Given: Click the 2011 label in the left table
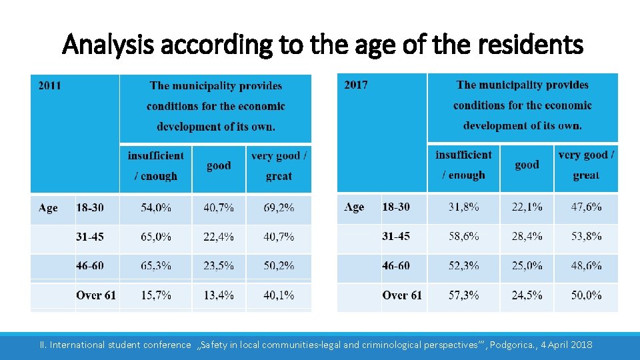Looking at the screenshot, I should click(x=49, y=85).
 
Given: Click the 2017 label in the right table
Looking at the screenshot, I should click(x=355, y=85).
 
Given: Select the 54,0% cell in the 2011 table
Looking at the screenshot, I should click(x=156, y=208).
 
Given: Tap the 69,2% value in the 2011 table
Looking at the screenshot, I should click(x=279, y=208).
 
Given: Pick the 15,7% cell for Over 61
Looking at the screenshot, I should click(x=156, y=295).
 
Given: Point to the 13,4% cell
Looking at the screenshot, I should click(x=219, y=295).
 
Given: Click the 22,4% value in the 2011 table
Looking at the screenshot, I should click(x=219, y=237).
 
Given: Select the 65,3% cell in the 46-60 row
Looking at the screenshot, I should click(x=156, y=265).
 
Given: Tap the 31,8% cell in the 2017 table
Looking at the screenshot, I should click(x=463, y=207).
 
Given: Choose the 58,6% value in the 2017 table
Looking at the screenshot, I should click(x=463, y=236).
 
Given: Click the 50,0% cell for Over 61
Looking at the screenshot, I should click(x=586, y=295).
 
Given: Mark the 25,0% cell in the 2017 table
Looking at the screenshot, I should click(x=527, y=265).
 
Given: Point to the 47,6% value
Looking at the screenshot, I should click(x=586, y=207).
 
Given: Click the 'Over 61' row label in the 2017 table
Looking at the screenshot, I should click(x=402, y=295).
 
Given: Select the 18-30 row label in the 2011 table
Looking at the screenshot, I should click(x=90, y=208).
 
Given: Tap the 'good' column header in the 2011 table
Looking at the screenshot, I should click(x=219, y=166).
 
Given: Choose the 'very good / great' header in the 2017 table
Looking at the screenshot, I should click(x=586, y=165).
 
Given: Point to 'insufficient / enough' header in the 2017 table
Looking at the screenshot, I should click(x=463, y=165).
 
